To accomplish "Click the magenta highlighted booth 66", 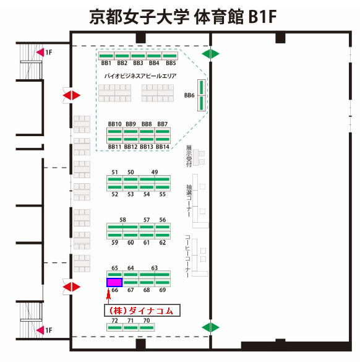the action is point(114,282).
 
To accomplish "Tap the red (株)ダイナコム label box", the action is point(142,310).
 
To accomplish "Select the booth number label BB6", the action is point(189,95).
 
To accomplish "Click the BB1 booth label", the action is point(106,63).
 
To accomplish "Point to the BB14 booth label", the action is point(163,147).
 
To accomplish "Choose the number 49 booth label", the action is point(155,172).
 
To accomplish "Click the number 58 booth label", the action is point(122,220).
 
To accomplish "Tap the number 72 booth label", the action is point(114,321).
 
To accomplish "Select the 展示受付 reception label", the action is point(189,156).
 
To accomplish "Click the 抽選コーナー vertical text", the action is point(189,200).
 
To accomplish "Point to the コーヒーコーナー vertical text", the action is point(188,256).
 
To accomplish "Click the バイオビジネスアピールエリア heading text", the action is point(140,76).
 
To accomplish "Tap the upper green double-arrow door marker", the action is point(210,54).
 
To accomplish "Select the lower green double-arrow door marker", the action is point(210,327).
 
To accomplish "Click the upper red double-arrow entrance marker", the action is point(72,95).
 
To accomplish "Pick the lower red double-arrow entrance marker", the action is point(72,287).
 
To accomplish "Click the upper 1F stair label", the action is point(49,53).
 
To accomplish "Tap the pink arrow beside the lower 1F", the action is point(40,330).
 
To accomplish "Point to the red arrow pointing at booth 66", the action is point(108,296).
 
